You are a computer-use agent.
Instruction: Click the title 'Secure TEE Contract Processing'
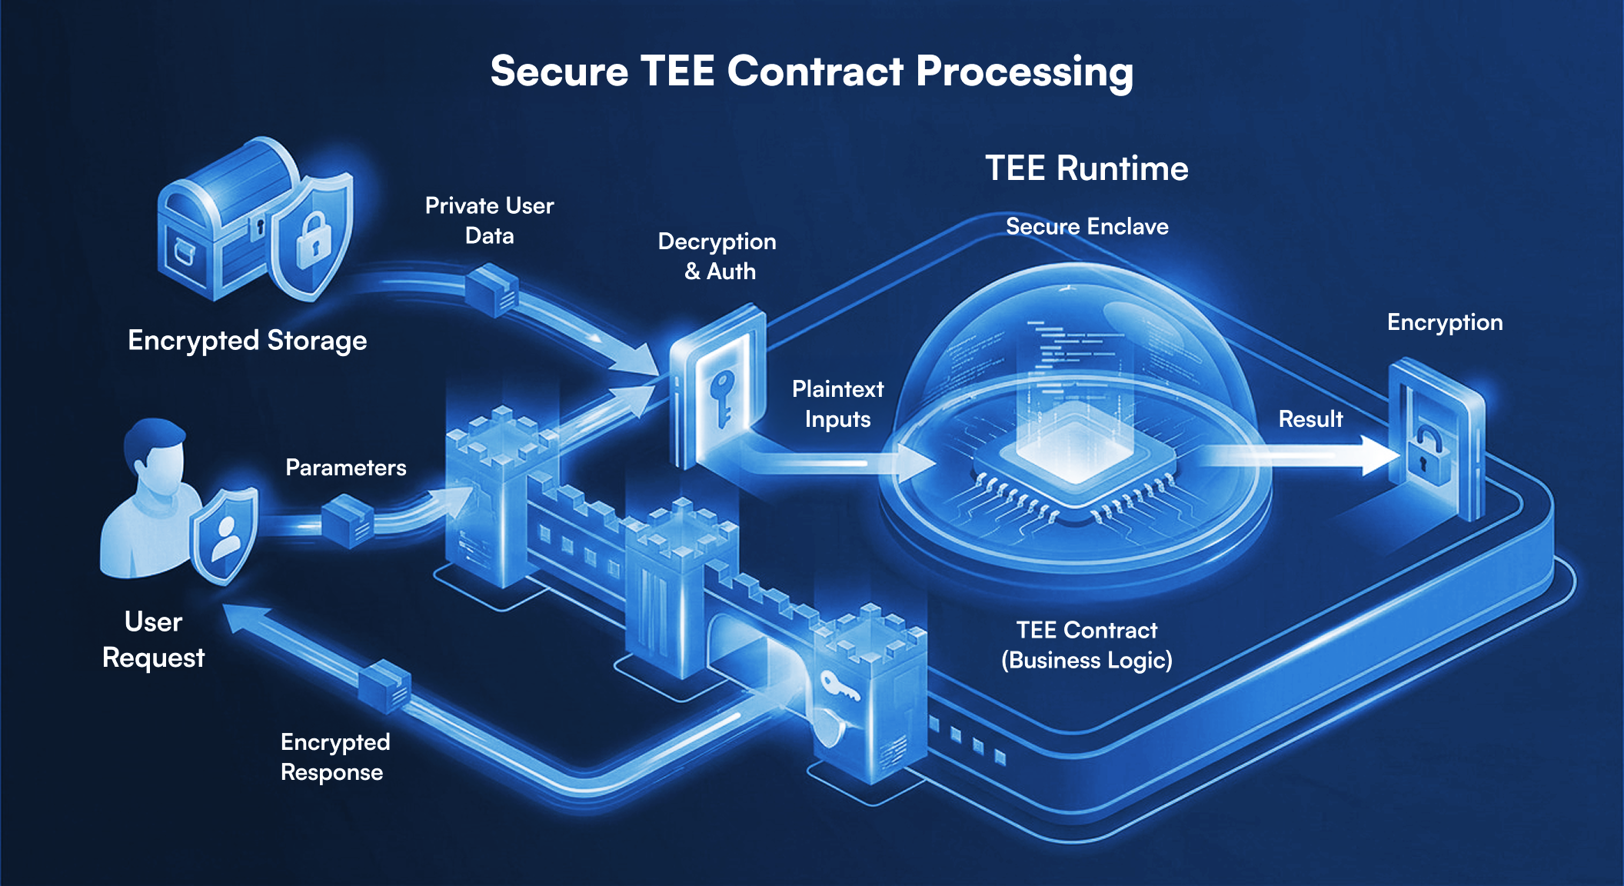click(x=811, y=72)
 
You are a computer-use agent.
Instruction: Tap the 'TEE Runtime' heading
click(x=1087, y=168)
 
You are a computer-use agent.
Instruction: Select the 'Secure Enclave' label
click(x=1087, y=226)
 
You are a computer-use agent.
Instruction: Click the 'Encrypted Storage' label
click(x=247, y=340)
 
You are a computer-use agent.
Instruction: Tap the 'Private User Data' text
click(x=489, y=221)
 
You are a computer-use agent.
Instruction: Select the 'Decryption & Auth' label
click(x=717, y=256)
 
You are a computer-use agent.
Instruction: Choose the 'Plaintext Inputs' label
click(x=837, y=404)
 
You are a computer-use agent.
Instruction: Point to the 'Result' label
click(x=1310, y=419)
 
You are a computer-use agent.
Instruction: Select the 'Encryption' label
click(x=1444, y=322)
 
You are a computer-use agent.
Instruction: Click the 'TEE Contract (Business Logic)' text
click(x=1087, y=645)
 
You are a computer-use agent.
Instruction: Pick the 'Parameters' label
click(x=345, y=468)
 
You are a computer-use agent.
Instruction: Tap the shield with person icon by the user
click(x=225, y=535)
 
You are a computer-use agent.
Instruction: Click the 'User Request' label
click(x=153, y=640)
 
